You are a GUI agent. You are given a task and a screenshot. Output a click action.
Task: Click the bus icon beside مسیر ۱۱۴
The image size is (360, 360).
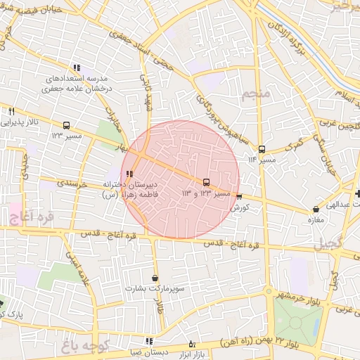(x=262, y=149)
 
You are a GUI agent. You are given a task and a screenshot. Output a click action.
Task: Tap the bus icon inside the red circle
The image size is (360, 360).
(x=205, y=182)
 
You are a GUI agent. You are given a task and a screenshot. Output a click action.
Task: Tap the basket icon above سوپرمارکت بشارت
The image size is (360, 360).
(x=155, y=278)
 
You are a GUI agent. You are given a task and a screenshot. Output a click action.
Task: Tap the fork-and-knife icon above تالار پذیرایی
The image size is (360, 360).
(x=12, y=111)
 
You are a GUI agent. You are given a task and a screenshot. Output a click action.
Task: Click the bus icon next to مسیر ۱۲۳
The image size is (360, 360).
(x=66, y=125)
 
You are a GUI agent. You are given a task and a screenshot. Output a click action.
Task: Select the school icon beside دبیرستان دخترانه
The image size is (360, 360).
(x=128, y=174)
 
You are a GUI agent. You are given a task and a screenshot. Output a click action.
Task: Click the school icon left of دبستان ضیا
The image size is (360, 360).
(x=149, y=342)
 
